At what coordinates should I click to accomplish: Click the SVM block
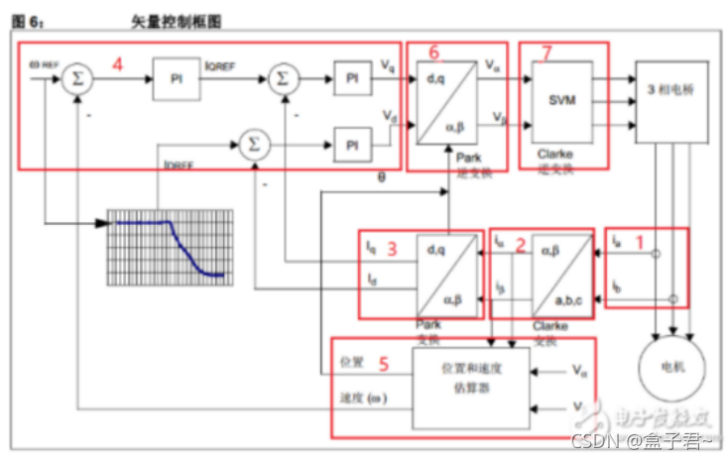[562, 100]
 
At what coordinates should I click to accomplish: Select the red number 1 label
[640, 240]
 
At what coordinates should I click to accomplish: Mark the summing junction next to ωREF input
[76, 78]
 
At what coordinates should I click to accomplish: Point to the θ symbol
[381, 177]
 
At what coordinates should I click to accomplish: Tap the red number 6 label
[433, 52]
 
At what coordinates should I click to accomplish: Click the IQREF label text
[221, 66]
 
